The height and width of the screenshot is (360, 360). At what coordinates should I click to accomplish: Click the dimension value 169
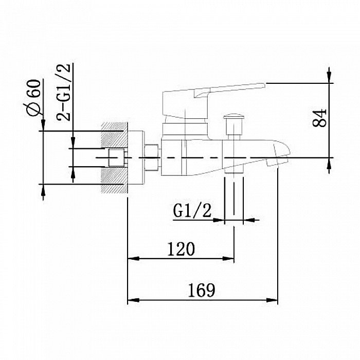point(202,290)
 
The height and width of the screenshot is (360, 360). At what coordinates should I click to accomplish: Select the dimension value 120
point(181,249)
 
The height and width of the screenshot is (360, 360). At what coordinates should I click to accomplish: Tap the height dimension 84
point(319,118)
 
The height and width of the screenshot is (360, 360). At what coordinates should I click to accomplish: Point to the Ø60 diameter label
point(33,98)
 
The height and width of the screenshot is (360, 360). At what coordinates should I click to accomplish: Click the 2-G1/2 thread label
point(63,92)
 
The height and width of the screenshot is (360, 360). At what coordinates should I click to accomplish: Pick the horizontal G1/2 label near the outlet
point(192,211)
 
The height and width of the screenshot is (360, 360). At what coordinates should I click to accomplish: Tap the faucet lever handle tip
point(264,86)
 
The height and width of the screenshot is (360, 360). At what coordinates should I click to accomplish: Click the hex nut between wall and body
point(152,157)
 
